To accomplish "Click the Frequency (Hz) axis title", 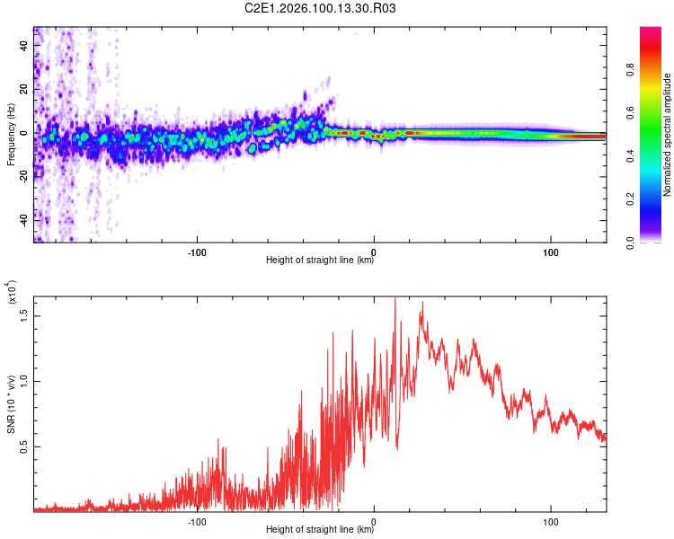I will click(x=11, y=135).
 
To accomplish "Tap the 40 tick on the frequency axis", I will click(x=24, y=46).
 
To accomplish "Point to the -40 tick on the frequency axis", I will click(x=24, y=219).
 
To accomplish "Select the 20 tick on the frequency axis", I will click(x=24, y=89).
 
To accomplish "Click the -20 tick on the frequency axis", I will click(x=24, y=176).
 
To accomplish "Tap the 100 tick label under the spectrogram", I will click(x=551, y=251).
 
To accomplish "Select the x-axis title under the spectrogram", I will click(x=320, y=261).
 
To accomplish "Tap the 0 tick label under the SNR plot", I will click(x=374, y=520).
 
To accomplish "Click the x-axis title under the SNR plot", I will click(x=320, y=530).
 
